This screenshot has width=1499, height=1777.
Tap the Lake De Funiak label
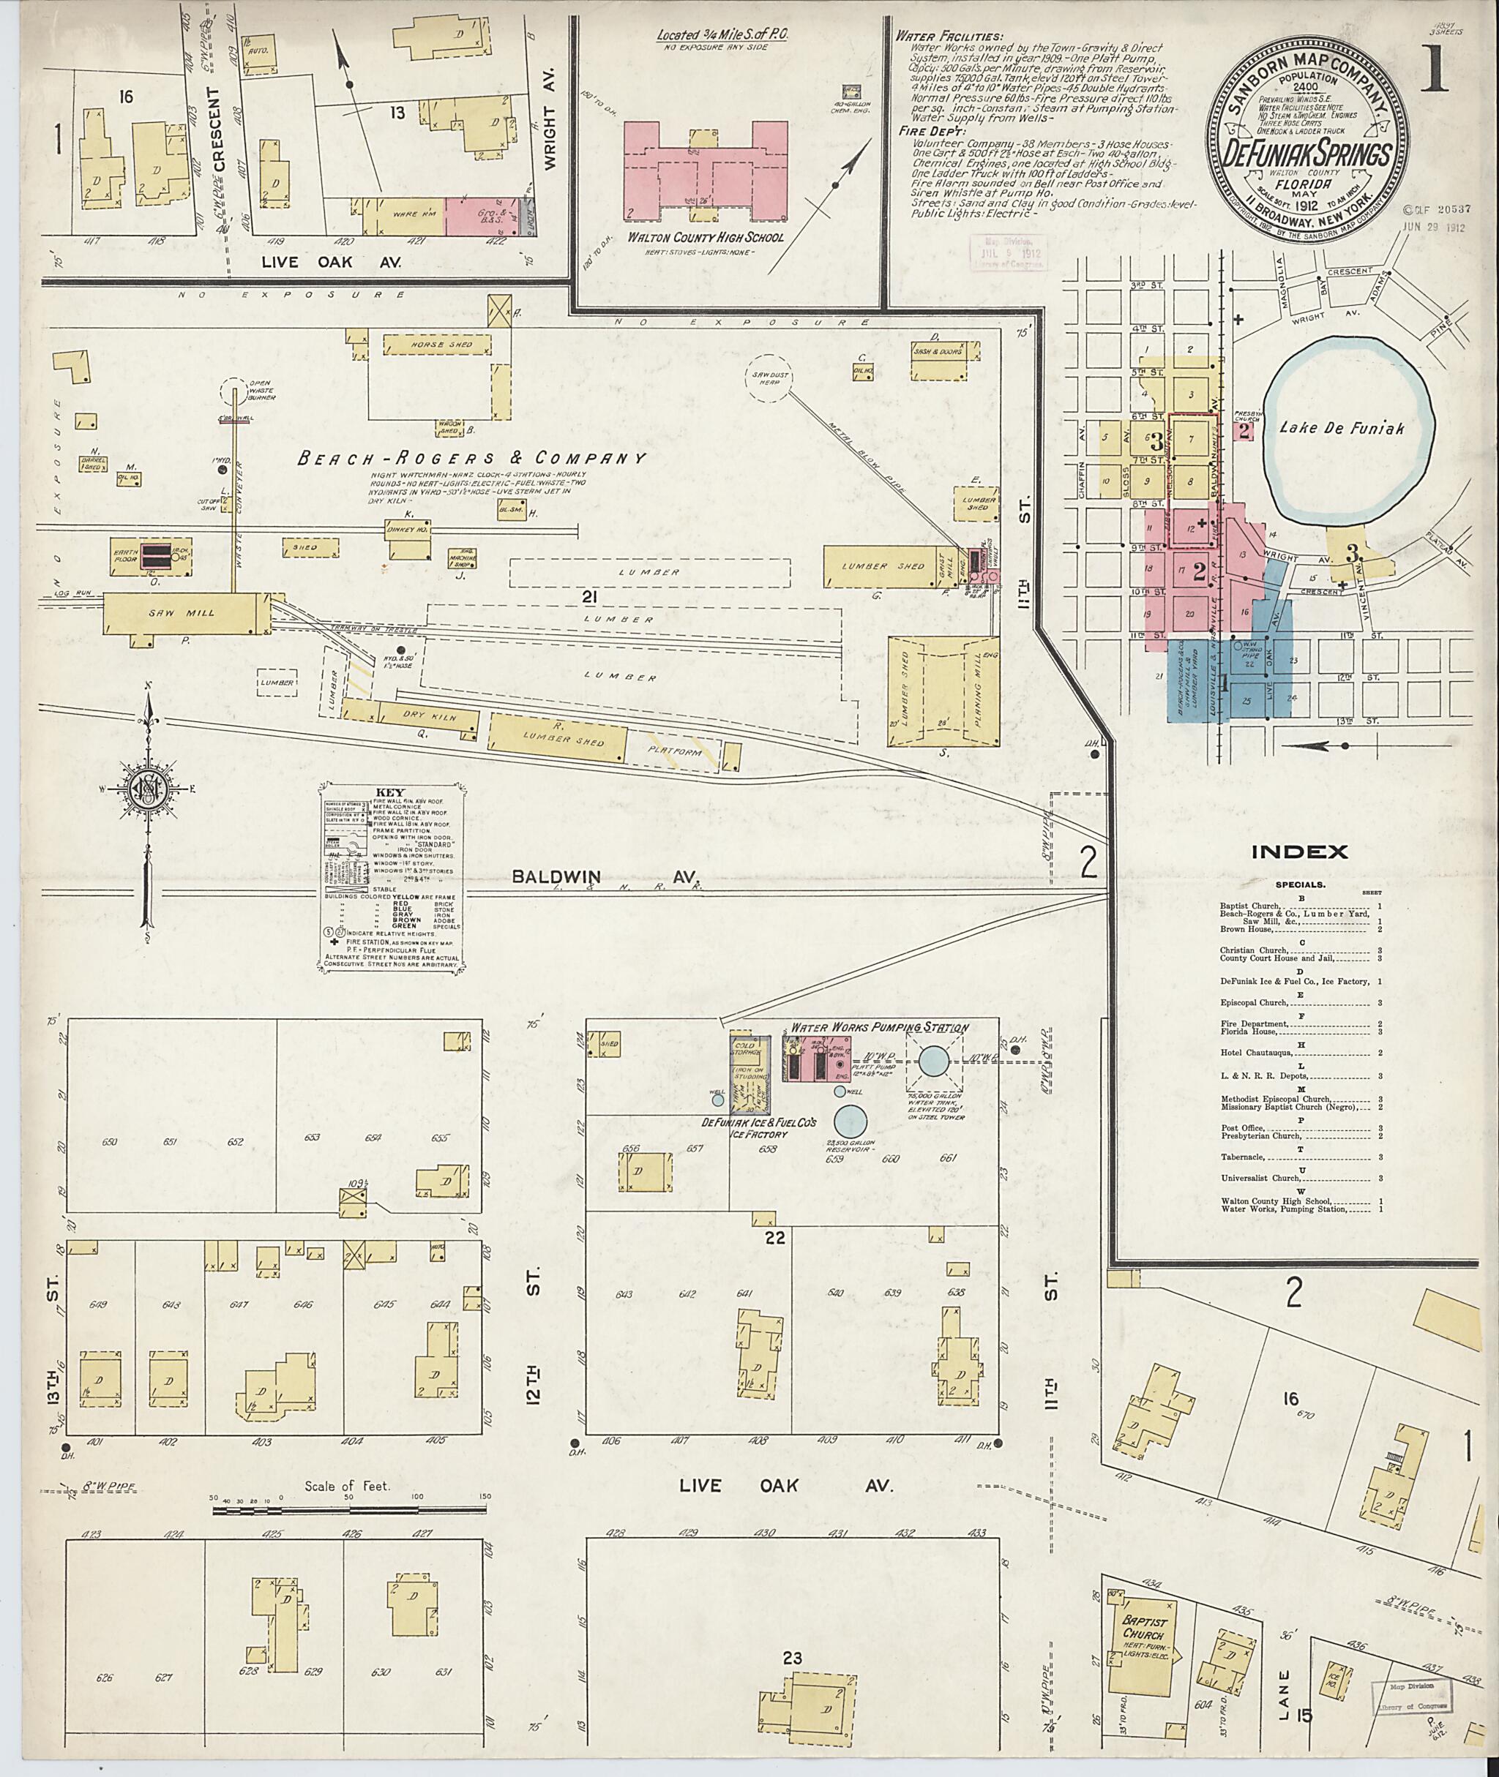[1342, 429]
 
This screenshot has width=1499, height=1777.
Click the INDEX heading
[1299, 851]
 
